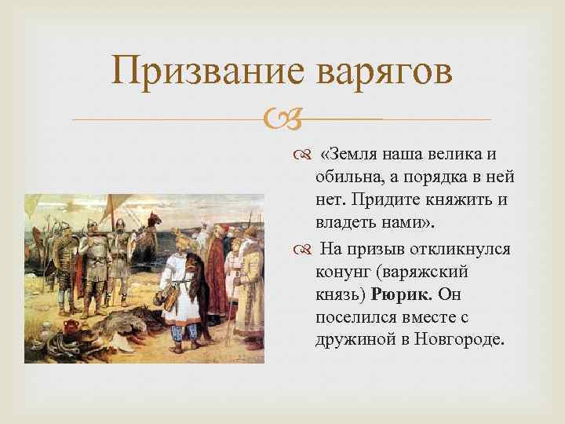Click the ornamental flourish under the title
[x=282, y=120]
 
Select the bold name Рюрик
[x=403, y=294]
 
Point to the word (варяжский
[x=432, y=272]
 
